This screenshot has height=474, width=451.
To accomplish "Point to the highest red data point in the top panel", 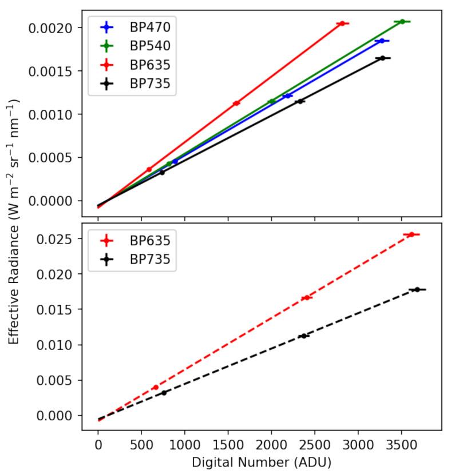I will click(x=342, y=23).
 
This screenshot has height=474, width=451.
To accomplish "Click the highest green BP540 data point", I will click(x=402, y=22).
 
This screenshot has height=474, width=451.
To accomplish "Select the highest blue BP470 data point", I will click(x=382, y=41).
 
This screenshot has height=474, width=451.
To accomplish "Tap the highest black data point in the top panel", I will click(x=382, y=58).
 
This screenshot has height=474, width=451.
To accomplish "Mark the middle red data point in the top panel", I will click(x=236, y=103).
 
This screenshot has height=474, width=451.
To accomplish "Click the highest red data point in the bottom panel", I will click(x=411, y=234).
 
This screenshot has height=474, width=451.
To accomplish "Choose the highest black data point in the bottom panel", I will click(x=417, y=290).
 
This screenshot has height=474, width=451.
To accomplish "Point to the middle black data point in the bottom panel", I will click(x=303, y=336).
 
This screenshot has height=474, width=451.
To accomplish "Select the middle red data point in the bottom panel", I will click(x=307, y=297).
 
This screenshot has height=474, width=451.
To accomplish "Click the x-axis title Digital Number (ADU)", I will click(x=262, y=461).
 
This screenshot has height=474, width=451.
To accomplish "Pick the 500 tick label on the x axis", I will click(x=141, y=444).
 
